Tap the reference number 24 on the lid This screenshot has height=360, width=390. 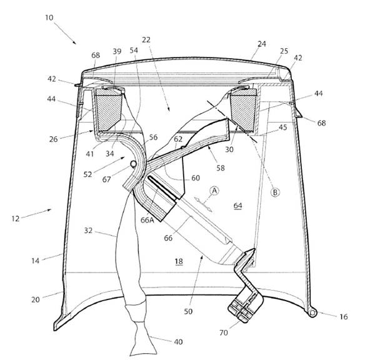coord(262,44)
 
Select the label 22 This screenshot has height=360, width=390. coord(146,39)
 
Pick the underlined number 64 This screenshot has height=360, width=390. coord(238,206)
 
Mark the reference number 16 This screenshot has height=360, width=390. coord(343,317)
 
